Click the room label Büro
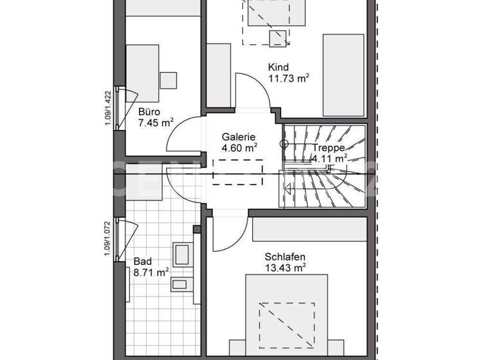pyautogui.click(x=149, y=111)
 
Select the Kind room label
pyautogui.click(x=279, y=67)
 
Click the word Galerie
pyautogui.click(x=239, y=136)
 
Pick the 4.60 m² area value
pyautogui.click(x=239, y=147)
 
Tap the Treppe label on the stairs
pyautogui.click(x=329, y=147)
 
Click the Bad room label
pyautogui.click(x=142, y=261)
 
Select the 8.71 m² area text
pyautogui.click(x=151, y=273)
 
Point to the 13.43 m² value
pyautogui.click(x=285, y=267)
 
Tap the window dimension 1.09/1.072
pyautogui.click(x=108, y=239)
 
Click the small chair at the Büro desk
pyautogui.click(x=169, y=80)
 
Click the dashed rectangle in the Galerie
pyautogui.click(x=238, y=173)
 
